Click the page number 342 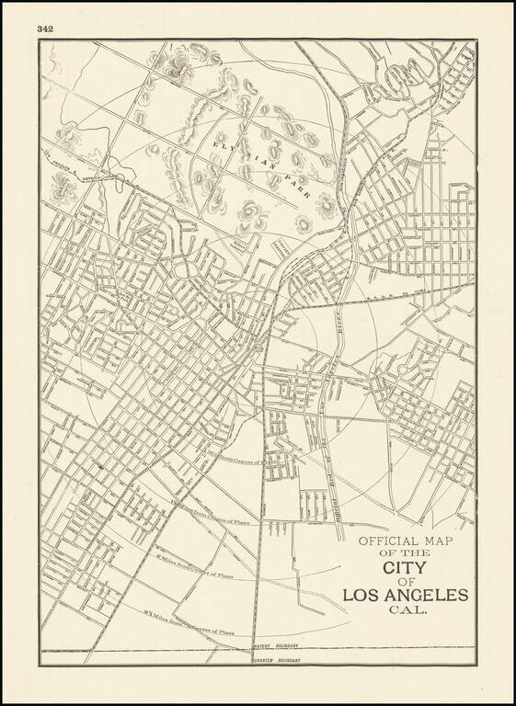46,28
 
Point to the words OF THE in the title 405,553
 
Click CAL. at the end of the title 405,610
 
